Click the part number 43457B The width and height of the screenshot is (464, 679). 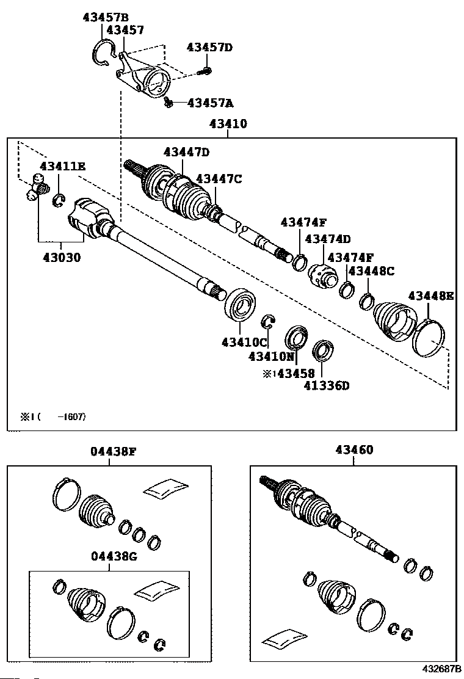(106, 17)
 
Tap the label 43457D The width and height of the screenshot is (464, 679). (209, 47)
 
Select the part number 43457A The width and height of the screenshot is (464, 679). (210, 103)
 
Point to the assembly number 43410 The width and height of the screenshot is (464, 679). (228, 124)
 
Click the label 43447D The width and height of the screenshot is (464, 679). (186, 152)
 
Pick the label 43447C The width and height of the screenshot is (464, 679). (219, 178)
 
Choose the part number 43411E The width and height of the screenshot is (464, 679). (63, 166)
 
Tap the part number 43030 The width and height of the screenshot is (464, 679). (61, 258)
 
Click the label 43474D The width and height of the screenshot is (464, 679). (328, 239)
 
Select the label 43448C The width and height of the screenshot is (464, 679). (371, 271)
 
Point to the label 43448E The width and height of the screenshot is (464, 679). (431, 296)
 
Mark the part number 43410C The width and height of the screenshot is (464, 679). (244, 343)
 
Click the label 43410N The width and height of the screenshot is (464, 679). (272, 357)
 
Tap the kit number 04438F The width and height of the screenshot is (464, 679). (113, 451)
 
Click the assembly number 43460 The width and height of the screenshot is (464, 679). (354, 450)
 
